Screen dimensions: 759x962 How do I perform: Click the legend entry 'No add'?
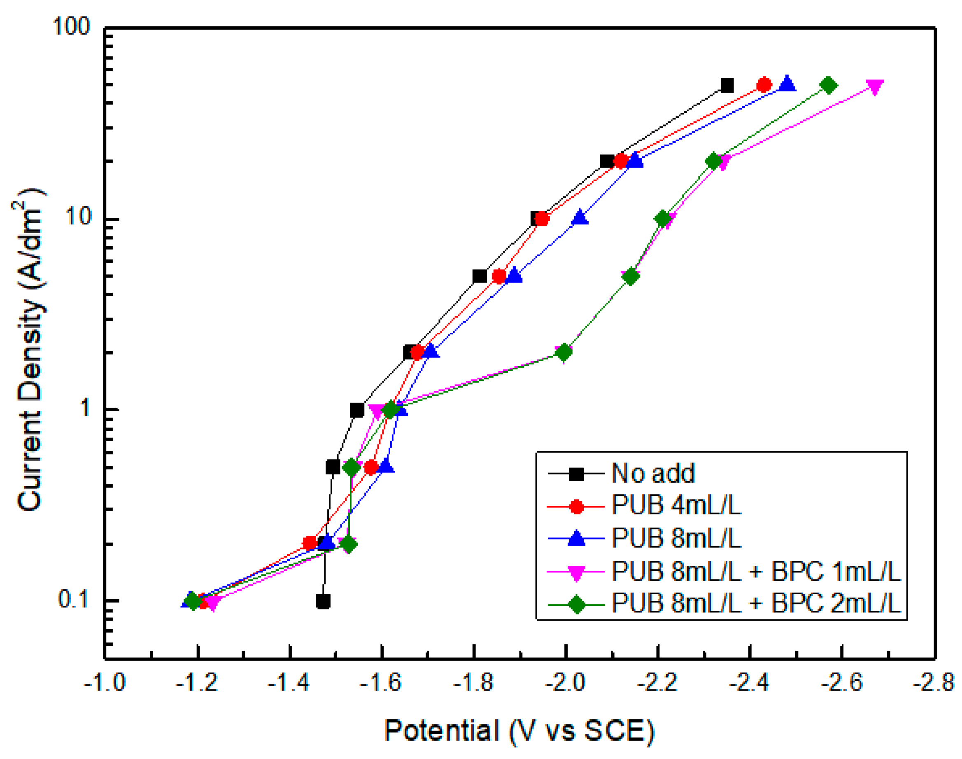[653, 474]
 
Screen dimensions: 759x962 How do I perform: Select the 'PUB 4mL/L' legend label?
[676, 506]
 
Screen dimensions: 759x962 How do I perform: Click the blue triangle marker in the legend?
[576, 538]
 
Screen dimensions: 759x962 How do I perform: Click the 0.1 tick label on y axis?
[74, 600]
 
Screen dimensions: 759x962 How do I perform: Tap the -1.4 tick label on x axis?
[289, 682]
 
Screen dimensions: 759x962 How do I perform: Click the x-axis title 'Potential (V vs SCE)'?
[519, 731]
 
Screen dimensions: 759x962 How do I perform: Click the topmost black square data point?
[727, 85]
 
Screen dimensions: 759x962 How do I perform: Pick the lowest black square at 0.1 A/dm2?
[323, 602]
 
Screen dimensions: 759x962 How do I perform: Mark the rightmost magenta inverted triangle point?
[874, 87]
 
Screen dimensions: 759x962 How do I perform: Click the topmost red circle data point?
[764, 85]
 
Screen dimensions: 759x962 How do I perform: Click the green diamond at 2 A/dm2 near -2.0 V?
[564, 353]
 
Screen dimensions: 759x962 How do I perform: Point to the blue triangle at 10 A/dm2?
[580, 218]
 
